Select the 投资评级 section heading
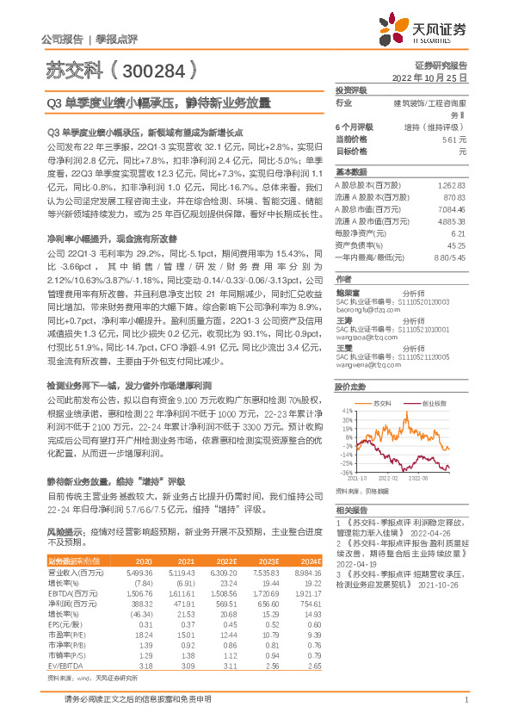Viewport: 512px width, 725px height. pyautogui.click(x=351, y=90)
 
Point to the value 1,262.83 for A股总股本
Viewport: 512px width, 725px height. pyautogui.click(x=452, y=185)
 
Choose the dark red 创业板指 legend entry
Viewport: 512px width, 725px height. pyautogui.click(x=435, y=402)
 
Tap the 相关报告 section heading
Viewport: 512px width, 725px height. pyautogui.click(x=351, y=510)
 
